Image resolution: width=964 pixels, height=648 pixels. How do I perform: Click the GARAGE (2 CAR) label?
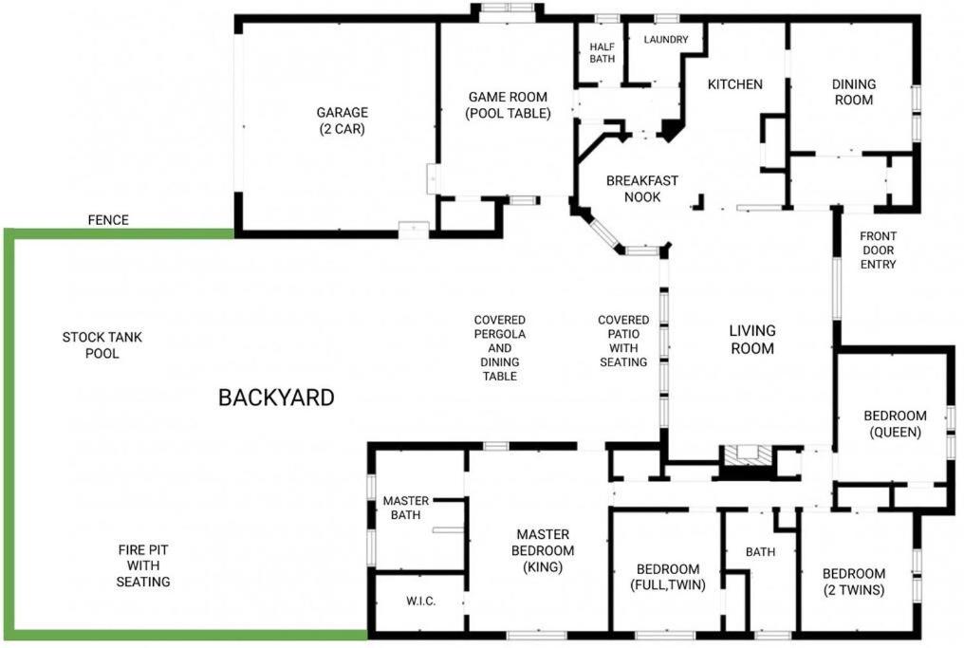point(342,120)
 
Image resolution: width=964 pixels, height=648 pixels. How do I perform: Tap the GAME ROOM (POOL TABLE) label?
point(508,105)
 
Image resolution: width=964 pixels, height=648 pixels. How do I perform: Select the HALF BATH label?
point(602,53)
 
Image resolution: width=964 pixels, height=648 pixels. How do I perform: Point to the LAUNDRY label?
point(666,39)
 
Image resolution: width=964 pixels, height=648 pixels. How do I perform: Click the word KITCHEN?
point(734,84)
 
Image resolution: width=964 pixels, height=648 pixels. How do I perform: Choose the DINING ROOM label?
point(853,92)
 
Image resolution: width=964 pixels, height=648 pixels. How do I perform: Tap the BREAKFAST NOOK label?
point(641,189)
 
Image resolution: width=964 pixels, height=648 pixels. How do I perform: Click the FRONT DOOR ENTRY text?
point(878,250)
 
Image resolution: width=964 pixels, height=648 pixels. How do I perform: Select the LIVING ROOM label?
point(751,340)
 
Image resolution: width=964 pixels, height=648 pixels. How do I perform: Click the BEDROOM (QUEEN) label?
point(895,423)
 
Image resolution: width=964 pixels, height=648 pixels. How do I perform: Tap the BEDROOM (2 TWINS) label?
point(853,582)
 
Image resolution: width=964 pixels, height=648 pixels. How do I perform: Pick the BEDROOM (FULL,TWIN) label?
point(668,577)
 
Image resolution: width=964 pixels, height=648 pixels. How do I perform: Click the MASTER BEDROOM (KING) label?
point(543,550)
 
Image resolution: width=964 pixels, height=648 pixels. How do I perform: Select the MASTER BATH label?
point(406,508)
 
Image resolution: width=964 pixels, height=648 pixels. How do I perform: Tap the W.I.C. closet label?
point(421,602)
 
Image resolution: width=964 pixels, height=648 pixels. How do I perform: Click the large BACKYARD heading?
point(276,398)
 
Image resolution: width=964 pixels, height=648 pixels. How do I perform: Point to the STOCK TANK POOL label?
point(102,345)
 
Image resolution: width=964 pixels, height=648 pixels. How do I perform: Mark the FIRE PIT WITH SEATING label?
point(143,565)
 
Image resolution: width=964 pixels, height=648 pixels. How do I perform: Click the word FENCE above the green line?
point(108,220)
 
